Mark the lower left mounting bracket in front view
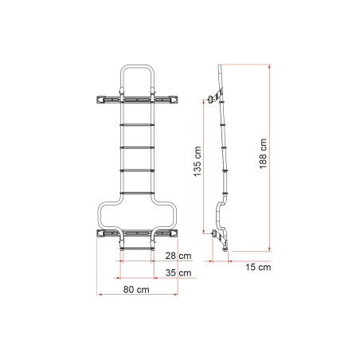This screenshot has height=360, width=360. click(x=106, y=234)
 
